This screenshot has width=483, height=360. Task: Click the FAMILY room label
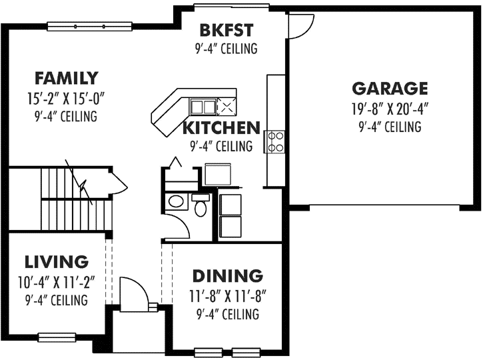click(67, 78)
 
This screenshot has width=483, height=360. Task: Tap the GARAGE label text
click(390, 88)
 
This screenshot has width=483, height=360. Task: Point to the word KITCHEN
click(221, 128)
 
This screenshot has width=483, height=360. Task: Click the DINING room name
click(227, 275)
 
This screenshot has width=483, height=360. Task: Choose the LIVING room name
click(56, 261)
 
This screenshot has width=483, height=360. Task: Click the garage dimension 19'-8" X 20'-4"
click(390, 108)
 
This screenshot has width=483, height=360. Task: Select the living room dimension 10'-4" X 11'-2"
click(56, 281)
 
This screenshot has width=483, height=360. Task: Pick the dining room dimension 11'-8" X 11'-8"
click(227, 295)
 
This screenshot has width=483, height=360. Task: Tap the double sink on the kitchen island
click(203, 105)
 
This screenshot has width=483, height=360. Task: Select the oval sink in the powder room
click(177, 201)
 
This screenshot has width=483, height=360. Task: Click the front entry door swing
click(134, 291)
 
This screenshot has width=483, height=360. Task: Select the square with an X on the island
click(227, 105)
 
